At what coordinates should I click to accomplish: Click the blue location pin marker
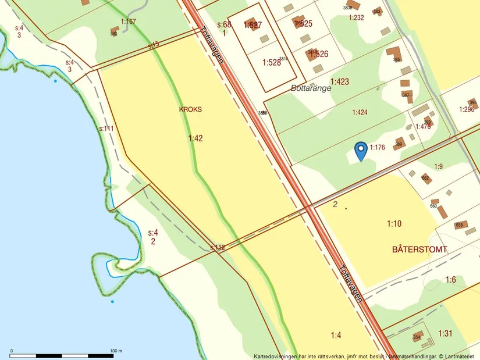[x=361, y=150]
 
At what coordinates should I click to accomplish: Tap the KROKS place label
[x=190, y=109]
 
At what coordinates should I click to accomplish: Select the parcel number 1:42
[x=196, y=138]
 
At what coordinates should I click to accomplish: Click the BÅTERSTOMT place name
[x=419, y=249]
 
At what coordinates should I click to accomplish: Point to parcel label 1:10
[x=394, y=223]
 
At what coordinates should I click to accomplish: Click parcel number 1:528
[x=271, y=62]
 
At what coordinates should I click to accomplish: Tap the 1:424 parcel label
[x=359, y=112]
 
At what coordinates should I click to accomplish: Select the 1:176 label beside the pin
[x=377, y=148]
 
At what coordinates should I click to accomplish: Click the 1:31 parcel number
[x=445, y=333]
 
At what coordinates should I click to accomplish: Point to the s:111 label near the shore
[x=106, y=129]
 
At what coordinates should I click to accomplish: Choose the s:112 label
[x=217, y=248]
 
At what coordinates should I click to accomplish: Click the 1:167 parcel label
[x=128, y=22]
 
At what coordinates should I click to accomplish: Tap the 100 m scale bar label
[x=116, y=351]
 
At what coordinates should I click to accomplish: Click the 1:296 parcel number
[x=467, y=109]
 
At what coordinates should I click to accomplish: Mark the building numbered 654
[x=417, y=337]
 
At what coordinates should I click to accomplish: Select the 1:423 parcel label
[x=339, y=82]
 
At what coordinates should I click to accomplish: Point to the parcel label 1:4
[x=336, y=334]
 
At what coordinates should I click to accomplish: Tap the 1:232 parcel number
[x=356, y=17]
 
